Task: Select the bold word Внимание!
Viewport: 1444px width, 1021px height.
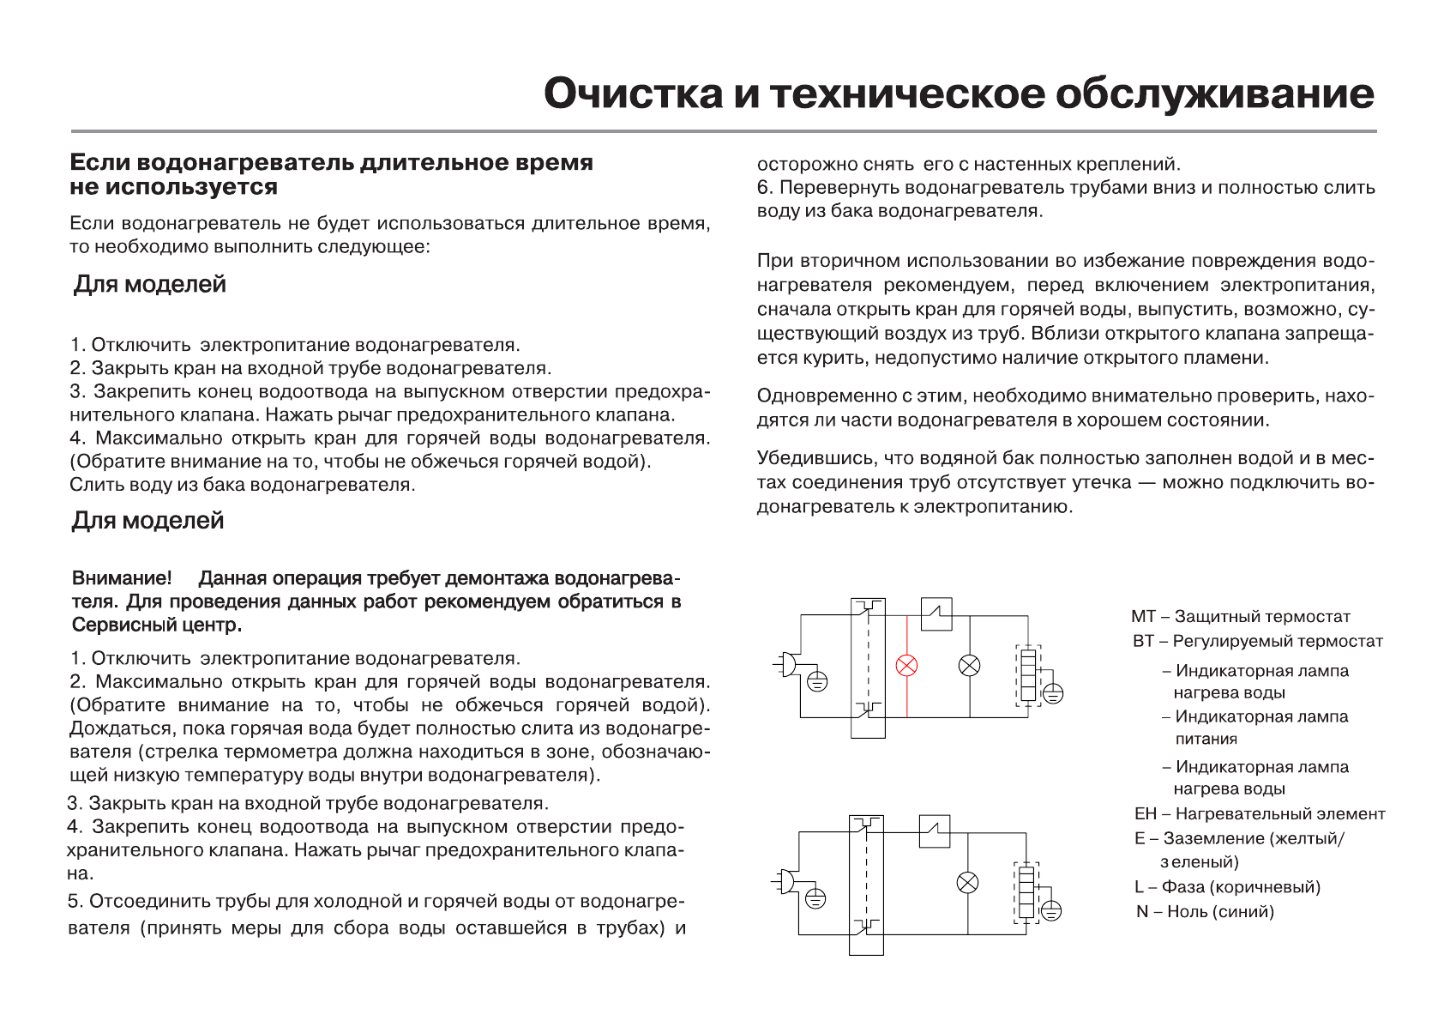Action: click(122, 578)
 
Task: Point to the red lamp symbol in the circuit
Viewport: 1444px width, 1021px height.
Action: click(906, 665)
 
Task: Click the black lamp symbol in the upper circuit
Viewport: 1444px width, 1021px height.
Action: click(970, 665)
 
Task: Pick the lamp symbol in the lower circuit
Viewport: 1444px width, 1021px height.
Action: click(967, 882)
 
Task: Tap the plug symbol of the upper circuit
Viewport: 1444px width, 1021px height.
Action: click(787, 664)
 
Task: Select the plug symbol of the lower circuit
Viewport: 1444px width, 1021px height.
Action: click(785, 881)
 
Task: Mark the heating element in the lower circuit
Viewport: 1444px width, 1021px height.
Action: click(1026, 892)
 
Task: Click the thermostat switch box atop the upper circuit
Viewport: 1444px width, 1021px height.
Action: click(936, 614)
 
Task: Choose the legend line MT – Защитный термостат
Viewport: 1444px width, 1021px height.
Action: click(1240, 616)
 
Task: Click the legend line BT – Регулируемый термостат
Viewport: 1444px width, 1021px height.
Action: click(1257, 641)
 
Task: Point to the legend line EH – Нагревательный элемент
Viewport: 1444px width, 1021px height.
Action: click(1259, 813)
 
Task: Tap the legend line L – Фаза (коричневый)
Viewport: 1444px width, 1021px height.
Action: click(1227, 886)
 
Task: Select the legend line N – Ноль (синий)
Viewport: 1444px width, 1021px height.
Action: click(1205, 911)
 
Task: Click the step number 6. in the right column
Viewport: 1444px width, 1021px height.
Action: click(765, 187)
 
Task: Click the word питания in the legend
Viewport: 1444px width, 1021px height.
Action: click(1206, 739)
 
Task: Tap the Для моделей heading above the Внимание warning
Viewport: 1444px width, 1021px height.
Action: click(147, 520)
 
